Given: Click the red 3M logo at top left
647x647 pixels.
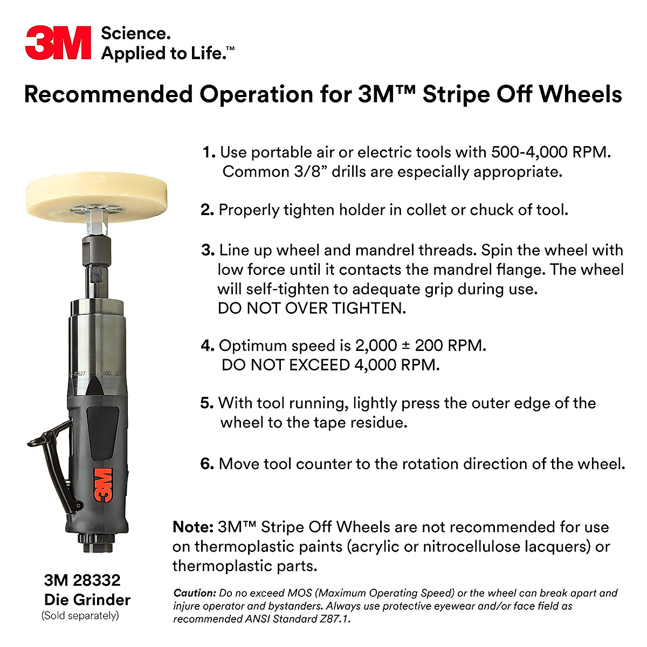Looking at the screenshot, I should click(x=58, y=43).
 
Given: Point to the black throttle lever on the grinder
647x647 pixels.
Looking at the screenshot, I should click(x=51, y=458).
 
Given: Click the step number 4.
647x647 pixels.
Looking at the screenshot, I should click(x=208, y=346).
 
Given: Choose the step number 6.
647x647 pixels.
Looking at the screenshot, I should click(x=208, y=464).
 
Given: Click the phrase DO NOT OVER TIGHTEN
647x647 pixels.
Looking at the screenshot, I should click(x=312, y=308).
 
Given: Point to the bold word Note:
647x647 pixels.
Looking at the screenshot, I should click(x=193, y=527).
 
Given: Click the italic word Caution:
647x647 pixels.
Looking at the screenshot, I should click(x=195, y=593).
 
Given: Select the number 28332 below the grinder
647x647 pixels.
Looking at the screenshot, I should click(x=97, y=580).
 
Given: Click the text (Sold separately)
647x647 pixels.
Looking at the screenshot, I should click(x=80, y=615).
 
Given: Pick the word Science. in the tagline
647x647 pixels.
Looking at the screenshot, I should click(x=136, y=33).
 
